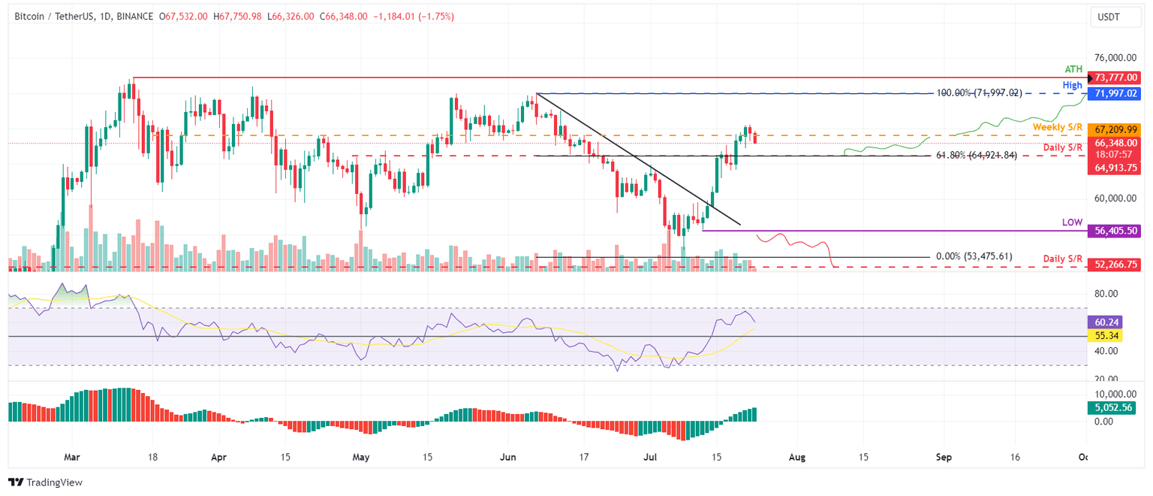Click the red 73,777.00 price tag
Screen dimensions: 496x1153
click(x=1117, y=77)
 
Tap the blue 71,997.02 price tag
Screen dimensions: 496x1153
click(x=1117, y=93)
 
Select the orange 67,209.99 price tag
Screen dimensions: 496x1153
click(x=1117, y=129)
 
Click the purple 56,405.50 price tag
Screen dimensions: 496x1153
click(x=1117, y=232)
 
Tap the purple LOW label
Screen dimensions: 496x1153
click(x=1072, y=223)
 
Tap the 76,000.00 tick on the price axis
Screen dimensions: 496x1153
click(x=1114, y=57)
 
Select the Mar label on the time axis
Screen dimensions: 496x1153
click(x=72, y=456)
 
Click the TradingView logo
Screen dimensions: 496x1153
click(x=46, y=482)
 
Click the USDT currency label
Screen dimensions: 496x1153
click(x=1113, y=16)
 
